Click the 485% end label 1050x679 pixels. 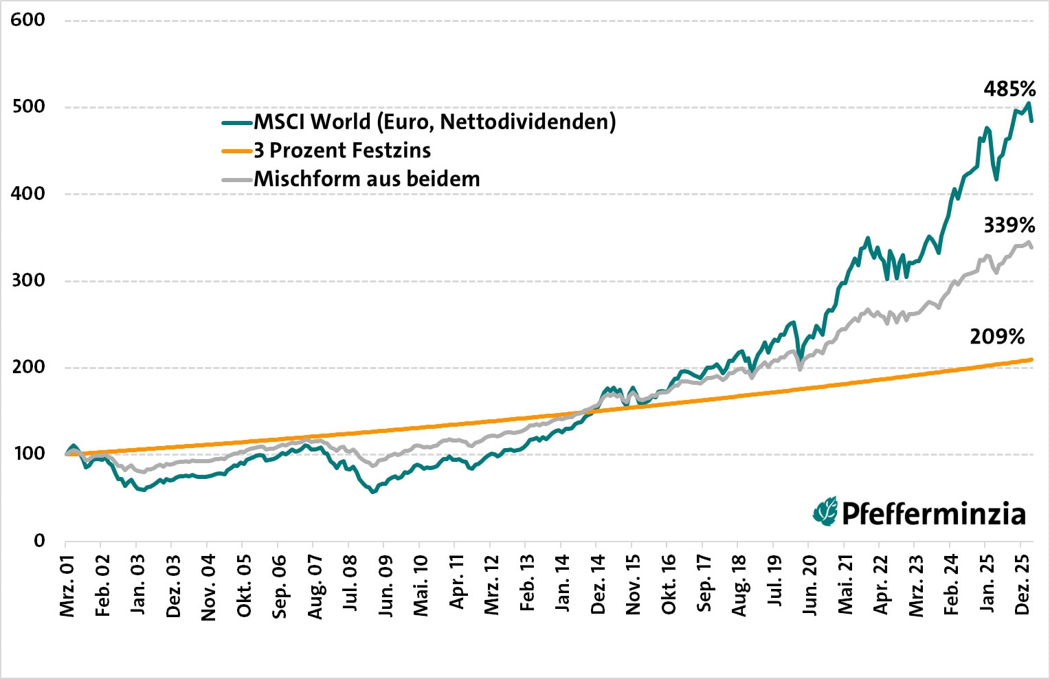coord(1009,89)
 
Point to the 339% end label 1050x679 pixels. coord(1009,225)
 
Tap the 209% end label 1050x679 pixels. coord(996,336)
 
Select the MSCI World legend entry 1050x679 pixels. coord(434,122)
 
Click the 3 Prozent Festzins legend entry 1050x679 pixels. coord(342,151)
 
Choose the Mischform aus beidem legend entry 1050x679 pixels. coord(366,179)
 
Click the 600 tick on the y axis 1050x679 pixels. coord(28,19)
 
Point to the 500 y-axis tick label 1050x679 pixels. coord(28,107)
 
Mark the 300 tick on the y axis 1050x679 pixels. coord(28,280)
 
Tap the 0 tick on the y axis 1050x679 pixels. coord(39,540)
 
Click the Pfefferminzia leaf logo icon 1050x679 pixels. coord(825,512)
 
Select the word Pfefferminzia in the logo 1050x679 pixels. coord(933,514)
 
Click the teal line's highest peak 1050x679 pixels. coord(1028,103)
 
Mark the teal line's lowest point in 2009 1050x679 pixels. coord(373,492)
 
